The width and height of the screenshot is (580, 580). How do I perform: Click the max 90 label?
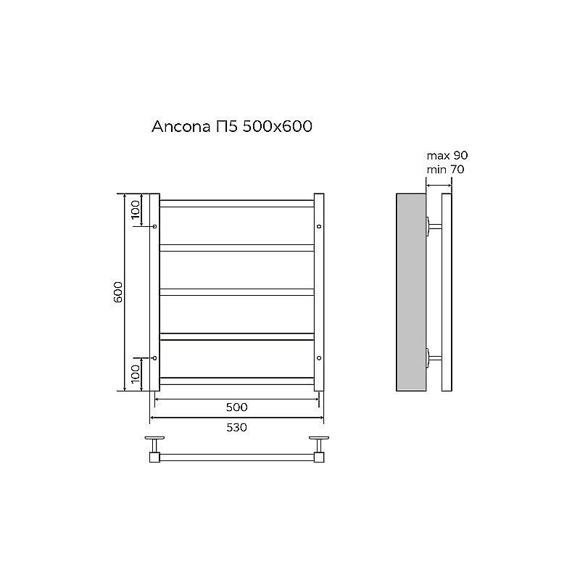click(447, 156)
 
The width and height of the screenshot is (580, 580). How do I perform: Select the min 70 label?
click(445, 170)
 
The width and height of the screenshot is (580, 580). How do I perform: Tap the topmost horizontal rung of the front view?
click(236, 204)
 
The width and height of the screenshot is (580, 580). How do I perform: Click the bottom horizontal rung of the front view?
click(236, 380)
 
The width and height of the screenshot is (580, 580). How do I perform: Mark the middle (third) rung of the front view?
click(236, 292)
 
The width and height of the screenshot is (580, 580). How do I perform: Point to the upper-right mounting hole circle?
click(319, 227)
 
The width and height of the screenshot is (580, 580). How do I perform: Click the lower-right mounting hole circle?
click(319, 358)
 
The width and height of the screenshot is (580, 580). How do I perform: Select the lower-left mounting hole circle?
click(154, 358)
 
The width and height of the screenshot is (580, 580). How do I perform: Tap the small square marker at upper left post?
click(154, 227)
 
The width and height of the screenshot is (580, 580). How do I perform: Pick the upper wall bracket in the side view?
click(433, 227)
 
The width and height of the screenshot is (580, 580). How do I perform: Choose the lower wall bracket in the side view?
click(433, 358)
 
